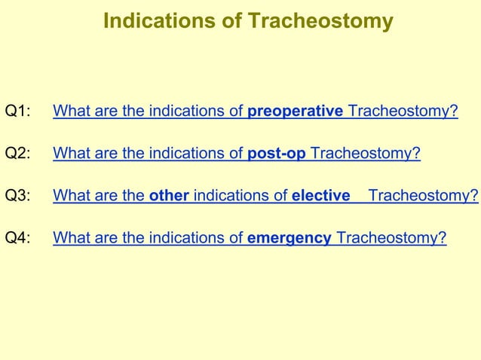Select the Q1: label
[18, 113]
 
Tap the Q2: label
[18, 154]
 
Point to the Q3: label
[18, 197]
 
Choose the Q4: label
[18, 239]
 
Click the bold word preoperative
[296, 113]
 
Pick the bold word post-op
[277, 154]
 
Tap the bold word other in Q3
[169, 197]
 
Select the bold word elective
[321, 197]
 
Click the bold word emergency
[290, 239]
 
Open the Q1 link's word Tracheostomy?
[403, 113]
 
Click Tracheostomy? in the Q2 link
[365, 154]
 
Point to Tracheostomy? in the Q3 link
[423, 197]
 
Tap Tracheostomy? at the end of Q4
[391, 239]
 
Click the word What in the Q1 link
[70, 113]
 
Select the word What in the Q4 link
[70, 239]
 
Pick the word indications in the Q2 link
[188, 154]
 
